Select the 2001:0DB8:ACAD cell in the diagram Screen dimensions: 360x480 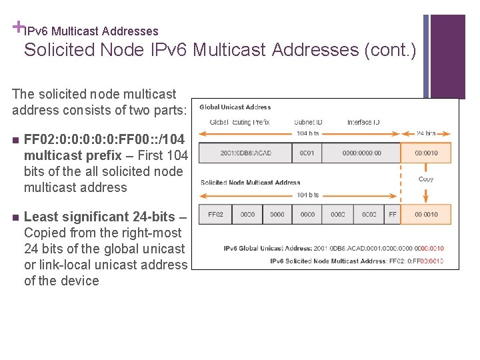tap(245, 153)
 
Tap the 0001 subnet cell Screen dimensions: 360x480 tap(307, 153)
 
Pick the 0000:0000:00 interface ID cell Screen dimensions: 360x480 tap(362, 153)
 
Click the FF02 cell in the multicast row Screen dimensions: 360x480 tap(215, 214)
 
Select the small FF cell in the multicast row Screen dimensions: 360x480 tap(393, 214)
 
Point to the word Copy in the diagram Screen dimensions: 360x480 tap(426, 179)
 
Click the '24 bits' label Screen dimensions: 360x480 tap(426, 133)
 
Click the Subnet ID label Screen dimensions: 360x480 tap(308, 122)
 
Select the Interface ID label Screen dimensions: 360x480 tap(363, 122)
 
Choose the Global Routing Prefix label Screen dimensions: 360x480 tap(240, 122)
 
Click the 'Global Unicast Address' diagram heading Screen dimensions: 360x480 tap(235, 107)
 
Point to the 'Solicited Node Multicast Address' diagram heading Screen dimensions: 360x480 tap(250, 182)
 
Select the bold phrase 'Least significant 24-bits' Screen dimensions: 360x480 tap(100, 217)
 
